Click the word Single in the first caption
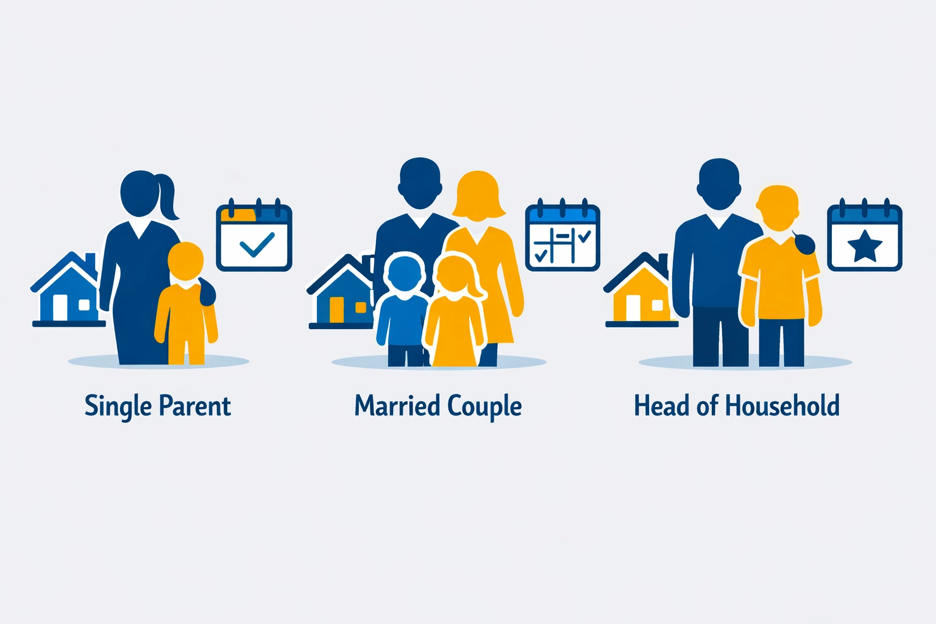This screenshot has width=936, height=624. [x=118, y=406]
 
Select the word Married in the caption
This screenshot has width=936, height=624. [x=397, y=406]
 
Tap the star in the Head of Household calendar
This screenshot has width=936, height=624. [x=865, y=246]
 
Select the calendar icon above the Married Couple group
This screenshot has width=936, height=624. [x=562, y=236]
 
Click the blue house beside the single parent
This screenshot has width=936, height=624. [x=67, y=289]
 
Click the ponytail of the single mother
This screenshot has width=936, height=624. [x=167, y=196]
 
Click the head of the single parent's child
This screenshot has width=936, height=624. [x=186, y=261]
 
